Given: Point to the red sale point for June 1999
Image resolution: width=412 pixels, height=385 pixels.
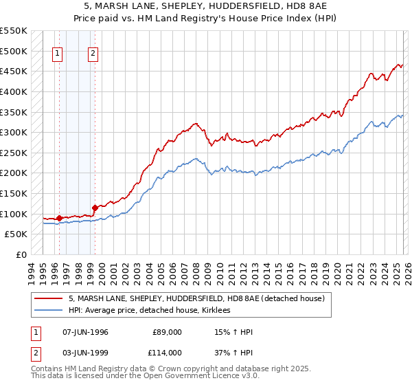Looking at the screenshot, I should [x=95, y=206].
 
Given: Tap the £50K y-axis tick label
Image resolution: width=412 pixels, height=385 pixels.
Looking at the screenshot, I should [x=16, y=234].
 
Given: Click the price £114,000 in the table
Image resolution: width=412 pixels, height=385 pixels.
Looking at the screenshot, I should [x=166, y=353].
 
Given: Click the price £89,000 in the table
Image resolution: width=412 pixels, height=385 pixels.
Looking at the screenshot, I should [x=168, y=332].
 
